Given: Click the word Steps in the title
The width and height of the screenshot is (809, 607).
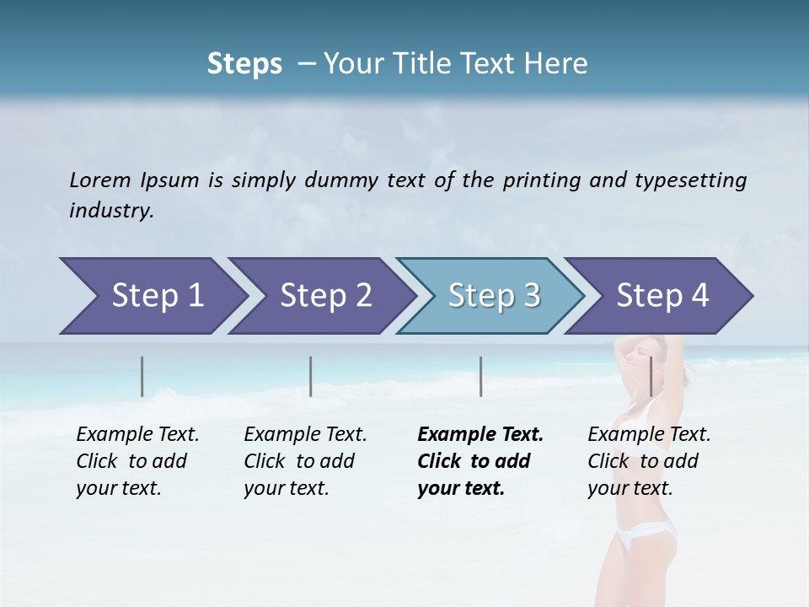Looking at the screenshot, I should [x=244, y=64].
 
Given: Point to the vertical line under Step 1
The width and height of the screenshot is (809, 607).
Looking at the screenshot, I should [x=142, y=376].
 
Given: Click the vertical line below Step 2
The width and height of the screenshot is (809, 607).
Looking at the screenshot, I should [x=311, y=376].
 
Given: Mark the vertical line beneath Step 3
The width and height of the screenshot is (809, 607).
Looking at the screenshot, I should [x=480, y=376].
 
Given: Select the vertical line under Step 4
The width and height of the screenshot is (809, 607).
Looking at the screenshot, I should [x=651, y=376].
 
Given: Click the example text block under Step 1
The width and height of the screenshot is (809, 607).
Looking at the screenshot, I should [x=137, y=461].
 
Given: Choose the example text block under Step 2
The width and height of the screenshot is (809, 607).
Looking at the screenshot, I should [x=305, y=461].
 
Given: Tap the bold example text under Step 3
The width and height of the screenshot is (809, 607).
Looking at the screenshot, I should [x=480, y=461].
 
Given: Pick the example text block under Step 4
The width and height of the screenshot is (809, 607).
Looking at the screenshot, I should [x=649, y=461].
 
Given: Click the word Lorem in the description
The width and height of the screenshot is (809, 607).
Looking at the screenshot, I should [x=99, y=180].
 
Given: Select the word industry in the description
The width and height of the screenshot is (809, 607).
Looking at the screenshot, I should [x=111, y=211].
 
